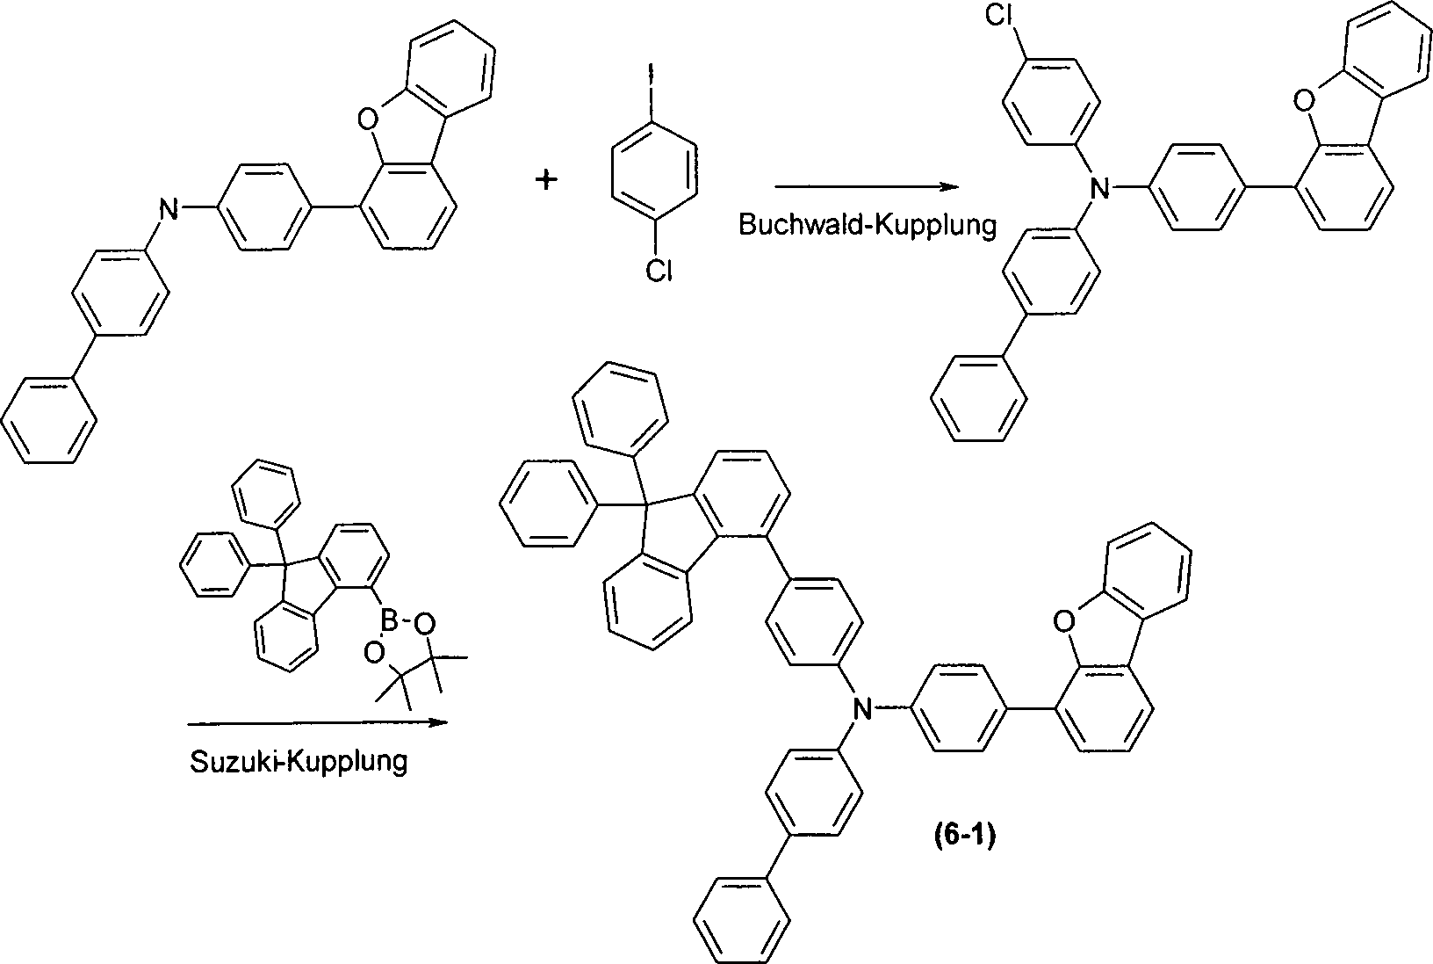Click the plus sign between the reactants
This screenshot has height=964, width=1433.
pos(545,181)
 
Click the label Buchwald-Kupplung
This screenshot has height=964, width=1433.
pos(868,225)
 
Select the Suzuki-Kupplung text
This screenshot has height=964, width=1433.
pos(299,762)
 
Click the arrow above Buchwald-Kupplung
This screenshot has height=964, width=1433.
pos(867,187)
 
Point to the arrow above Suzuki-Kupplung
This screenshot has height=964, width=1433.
pos(317,723)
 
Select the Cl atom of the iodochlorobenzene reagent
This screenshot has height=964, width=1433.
pos(659,271)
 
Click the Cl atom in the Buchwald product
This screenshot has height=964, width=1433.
pos(998,15)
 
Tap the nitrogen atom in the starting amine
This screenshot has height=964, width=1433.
pos(169,209)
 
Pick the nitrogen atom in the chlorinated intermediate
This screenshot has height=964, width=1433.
pos(1100,189)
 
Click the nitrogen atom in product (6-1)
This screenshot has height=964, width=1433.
pos(863,710)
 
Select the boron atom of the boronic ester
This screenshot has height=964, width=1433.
pos(390,619)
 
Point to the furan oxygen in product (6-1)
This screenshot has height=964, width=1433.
pos(1063,621)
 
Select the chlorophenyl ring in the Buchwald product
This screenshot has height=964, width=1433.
pos(1050,102)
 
